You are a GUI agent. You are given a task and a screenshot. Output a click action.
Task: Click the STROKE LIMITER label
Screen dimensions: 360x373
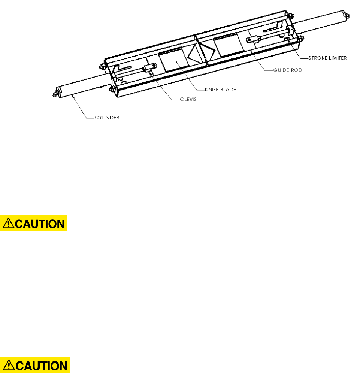coord(327,58)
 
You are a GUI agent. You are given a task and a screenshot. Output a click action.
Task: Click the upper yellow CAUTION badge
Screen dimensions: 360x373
coord(34,223)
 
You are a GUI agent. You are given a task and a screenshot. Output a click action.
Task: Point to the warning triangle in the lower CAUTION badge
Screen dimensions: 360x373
coord(9,366)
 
